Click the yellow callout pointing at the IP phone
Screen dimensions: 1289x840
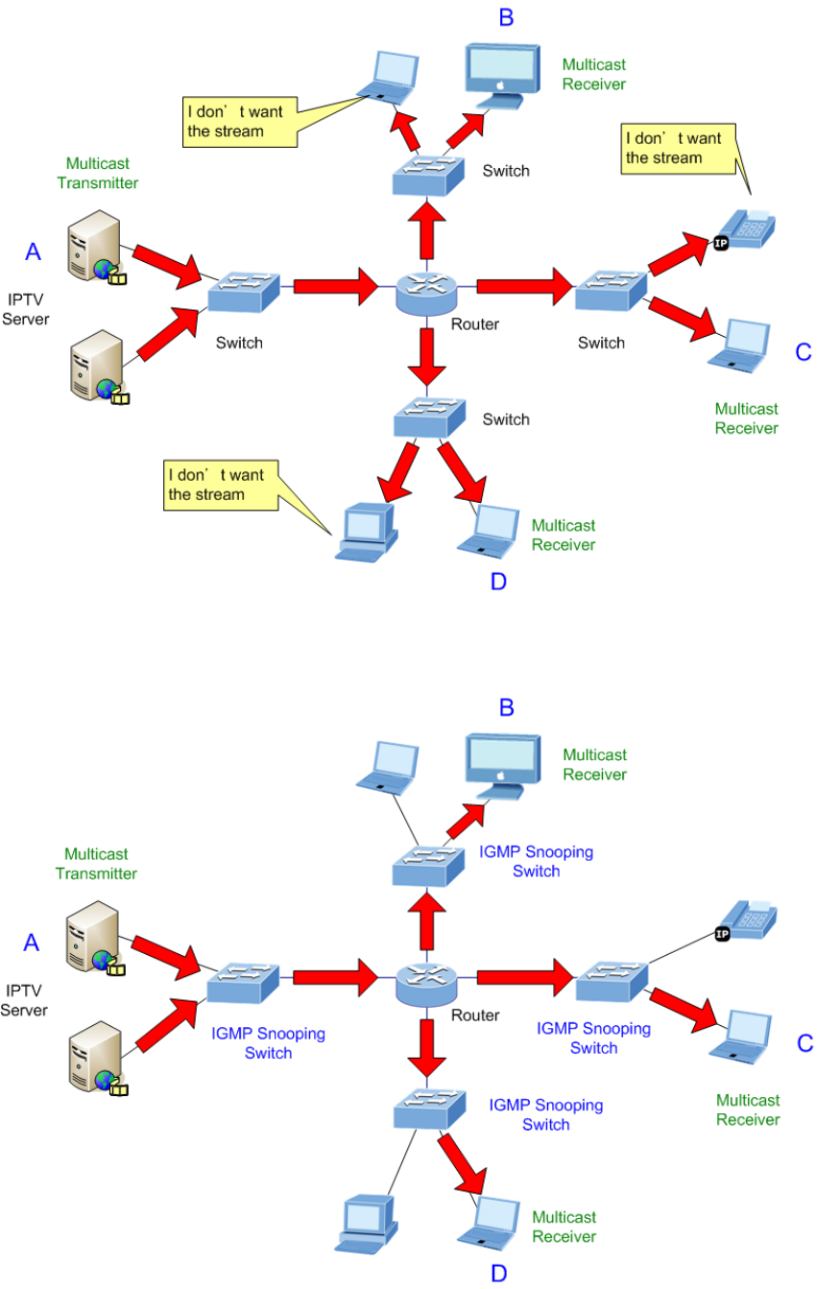tap(672, 148)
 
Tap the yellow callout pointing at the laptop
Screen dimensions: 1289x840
tap(240, 121)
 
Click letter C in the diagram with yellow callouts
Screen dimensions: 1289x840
tap(804, 352)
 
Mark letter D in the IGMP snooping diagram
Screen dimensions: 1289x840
tap(499, 1274)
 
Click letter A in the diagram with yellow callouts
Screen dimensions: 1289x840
tap(33, 251)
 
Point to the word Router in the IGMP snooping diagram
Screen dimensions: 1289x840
tap(475, 1015)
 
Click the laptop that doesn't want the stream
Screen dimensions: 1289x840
tap(390, 76)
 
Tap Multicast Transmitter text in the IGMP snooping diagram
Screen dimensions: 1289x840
tap(96, 864)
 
